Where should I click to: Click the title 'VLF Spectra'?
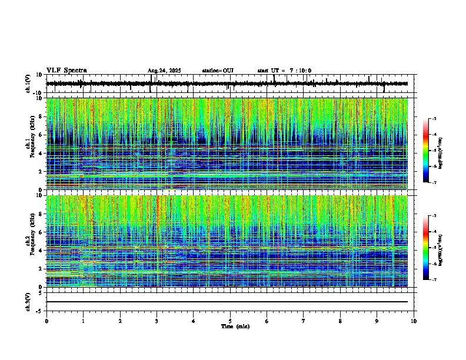pos(66,71)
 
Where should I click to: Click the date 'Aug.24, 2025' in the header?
pos(164,71)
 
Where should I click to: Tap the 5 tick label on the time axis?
pos(230,321)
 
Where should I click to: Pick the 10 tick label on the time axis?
pos(414,321)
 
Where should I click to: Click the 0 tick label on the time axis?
pos(46,321)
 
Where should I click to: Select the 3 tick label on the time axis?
pos(157,321)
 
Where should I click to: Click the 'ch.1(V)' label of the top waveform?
pos(28,84)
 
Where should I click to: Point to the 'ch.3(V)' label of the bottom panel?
pos(28,301)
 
